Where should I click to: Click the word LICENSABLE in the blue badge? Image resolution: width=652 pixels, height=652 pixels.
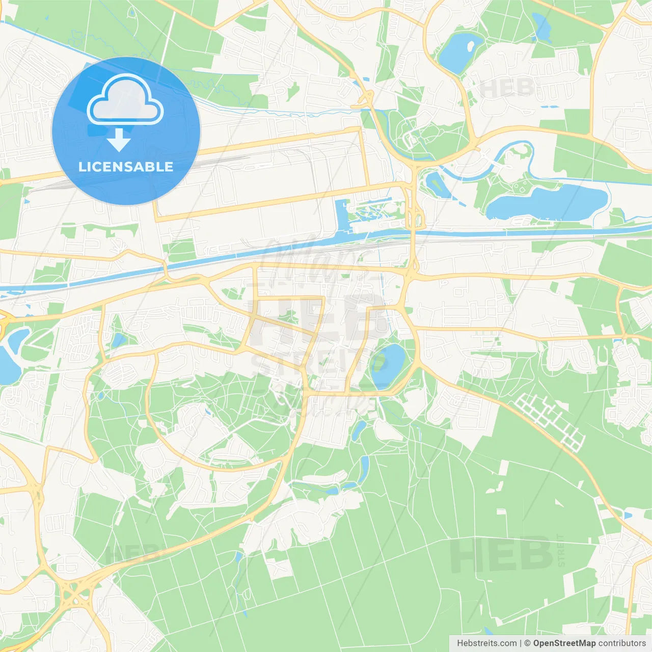click(126, 167)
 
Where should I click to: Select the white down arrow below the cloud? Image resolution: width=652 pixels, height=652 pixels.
click(119, 140)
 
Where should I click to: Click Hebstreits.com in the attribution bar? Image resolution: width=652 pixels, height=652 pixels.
click(487, 643)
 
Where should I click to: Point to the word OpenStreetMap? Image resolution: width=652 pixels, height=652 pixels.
click(564, 643)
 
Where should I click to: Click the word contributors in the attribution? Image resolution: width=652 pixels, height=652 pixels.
click(622, 643)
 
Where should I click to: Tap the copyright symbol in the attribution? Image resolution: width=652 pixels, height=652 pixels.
click(528, 643)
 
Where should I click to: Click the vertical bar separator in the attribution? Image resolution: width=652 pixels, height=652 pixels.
click(521, 643)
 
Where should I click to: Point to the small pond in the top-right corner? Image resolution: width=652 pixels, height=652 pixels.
click(541, 27)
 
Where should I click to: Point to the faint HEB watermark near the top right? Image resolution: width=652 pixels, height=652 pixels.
click(507, 88)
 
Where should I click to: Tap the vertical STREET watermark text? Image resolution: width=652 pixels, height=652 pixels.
click(561, 550)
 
